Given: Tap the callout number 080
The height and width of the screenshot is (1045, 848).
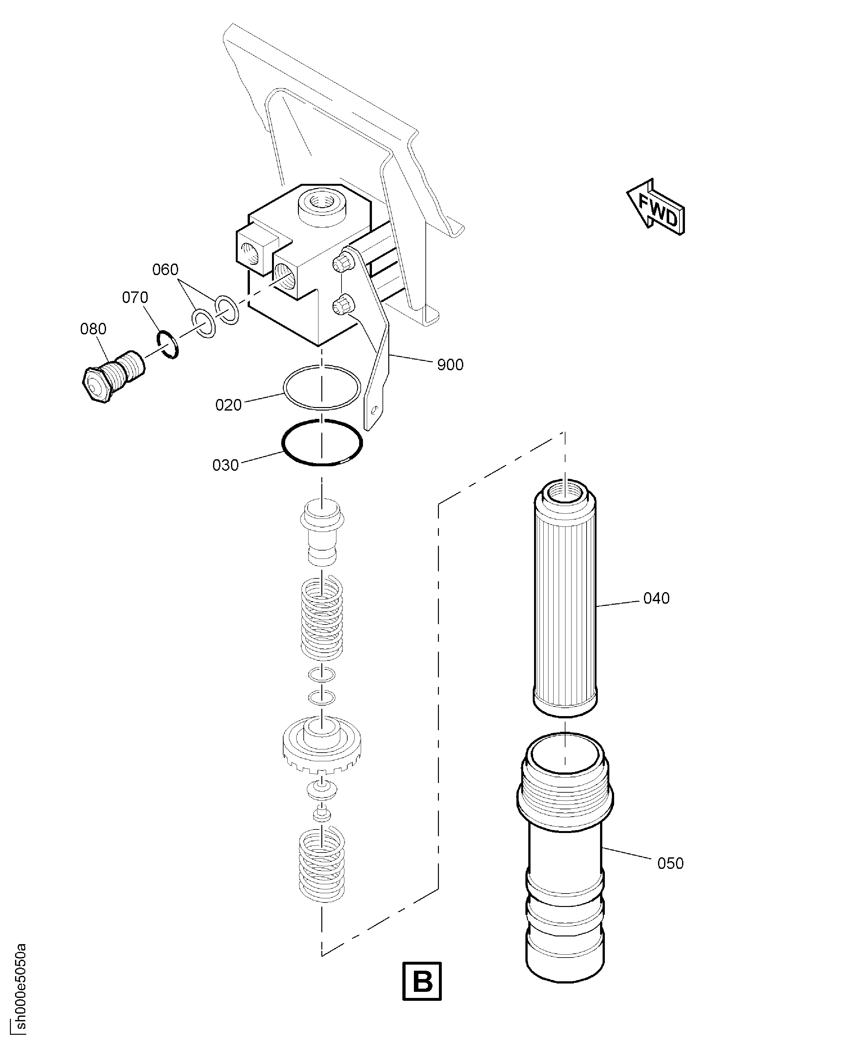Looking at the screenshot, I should point(93,329).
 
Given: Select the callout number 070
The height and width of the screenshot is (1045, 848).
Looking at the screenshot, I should point(135,298).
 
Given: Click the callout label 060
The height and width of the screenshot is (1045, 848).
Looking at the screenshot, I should point(165,270).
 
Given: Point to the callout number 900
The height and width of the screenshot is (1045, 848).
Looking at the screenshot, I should point(450,365).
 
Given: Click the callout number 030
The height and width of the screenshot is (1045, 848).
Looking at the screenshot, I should point(225,465).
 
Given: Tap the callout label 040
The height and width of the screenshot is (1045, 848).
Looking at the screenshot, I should point(656,598).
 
